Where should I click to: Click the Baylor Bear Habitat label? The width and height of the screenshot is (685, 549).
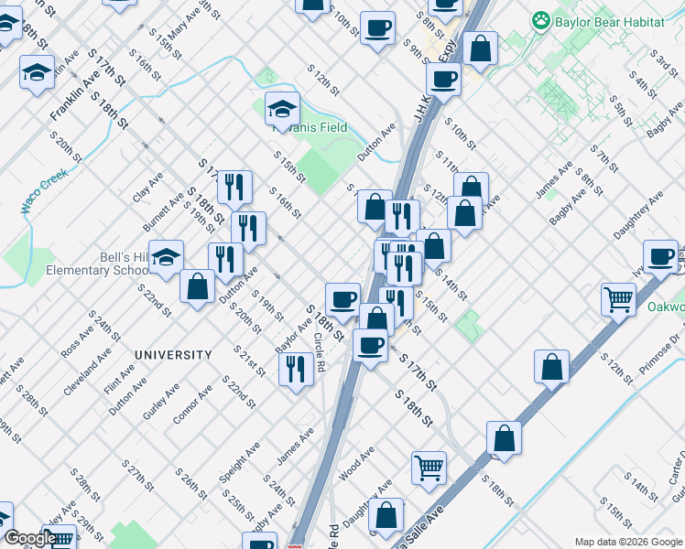(x=608, y=19)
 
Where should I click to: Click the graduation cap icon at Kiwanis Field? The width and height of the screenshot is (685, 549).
(x=282, y=110)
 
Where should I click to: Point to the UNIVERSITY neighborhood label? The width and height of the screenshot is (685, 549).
(x=173, y=354)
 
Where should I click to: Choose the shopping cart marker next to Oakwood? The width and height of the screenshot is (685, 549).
(x=619, y=298)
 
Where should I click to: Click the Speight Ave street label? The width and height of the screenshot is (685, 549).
(x=241, y=462)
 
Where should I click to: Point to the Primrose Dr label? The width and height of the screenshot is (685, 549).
(x=666, y=352)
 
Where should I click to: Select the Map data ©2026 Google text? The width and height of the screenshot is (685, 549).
(x=628, y=541)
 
